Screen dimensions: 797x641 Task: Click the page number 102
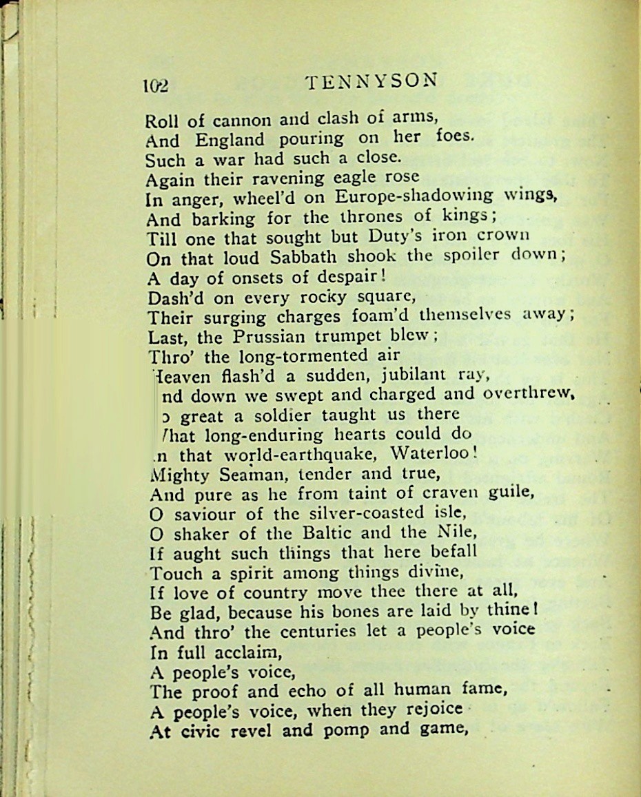click(156, 85)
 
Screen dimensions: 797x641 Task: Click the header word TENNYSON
click(372, 81)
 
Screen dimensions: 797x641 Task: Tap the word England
click(230, 140)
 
